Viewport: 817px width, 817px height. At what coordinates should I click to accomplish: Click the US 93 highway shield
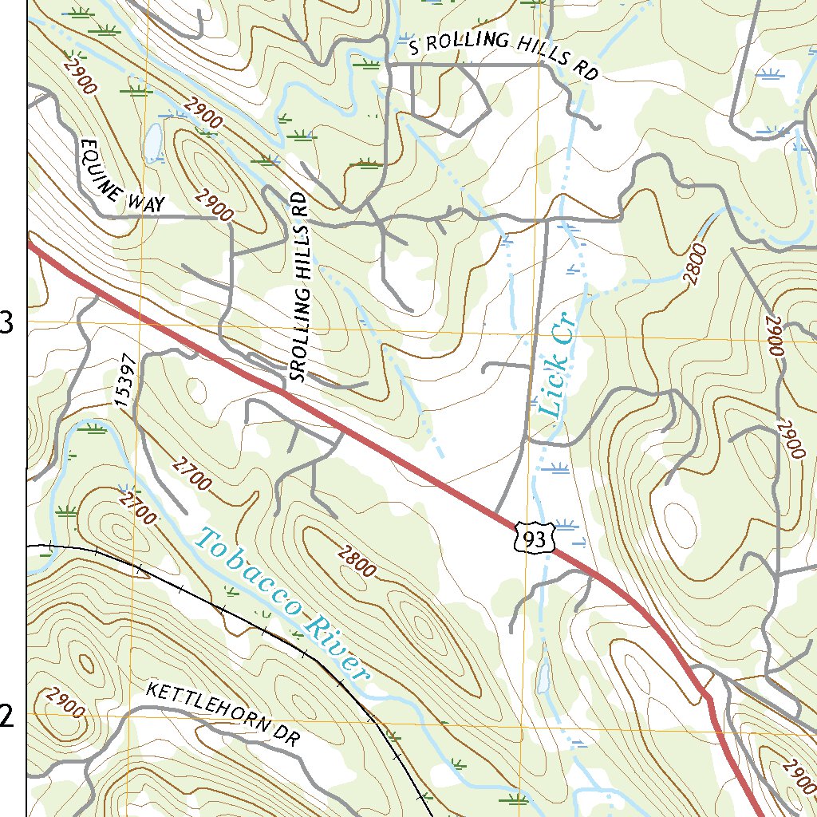[x=533, y=540]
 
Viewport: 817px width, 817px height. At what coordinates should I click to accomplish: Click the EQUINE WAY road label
[x=121, y=176]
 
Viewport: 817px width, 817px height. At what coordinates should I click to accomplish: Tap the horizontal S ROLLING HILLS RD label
[x=503, y=57]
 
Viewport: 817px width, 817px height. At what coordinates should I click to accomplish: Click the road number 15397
[x=127, y=382]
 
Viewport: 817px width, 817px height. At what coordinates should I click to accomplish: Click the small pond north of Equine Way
[x=151, y=142]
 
